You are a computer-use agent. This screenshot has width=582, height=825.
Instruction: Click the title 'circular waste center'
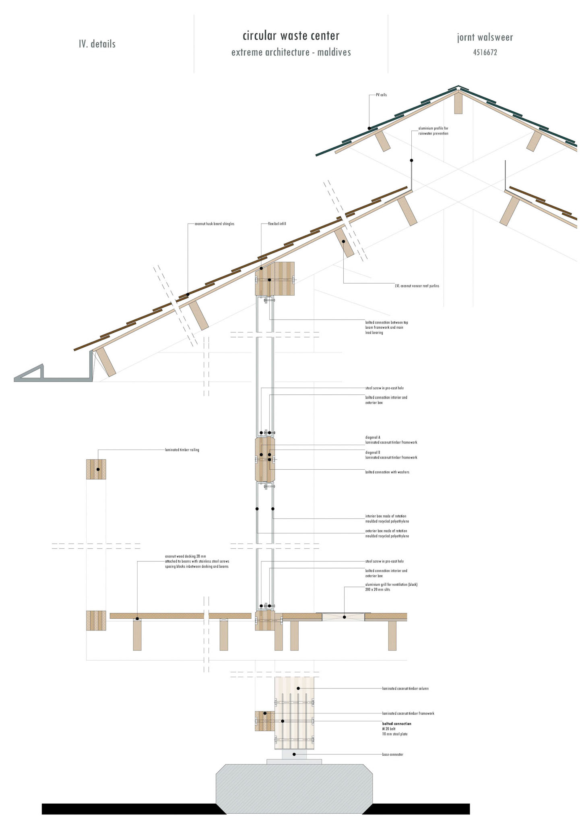pos(291,36)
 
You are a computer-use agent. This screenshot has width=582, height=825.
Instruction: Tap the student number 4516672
pos(485,52)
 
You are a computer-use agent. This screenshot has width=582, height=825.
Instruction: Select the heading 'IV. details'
pos(97,44)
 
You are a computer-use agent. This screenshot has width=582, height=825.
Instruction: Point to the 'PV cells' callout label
pos(381,95)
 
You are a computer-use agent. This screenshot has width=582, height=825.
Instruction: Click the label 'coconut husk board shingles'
pos(214,224)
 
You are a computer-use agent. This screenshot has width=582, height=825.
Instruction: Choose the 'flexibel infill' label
pos(277,224)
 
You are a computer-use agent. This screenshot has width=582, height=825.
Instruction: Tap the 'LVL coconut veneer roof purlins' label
pos(417,286)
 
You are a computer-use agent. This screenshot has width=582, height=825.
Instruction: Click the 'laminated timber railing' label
pos(182,450)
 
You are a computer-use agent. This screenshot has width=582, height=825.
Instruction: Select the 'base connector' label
pos(392,755)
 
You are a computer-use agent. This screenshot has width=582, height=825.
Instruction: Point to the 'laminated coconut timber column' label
pos(405,688)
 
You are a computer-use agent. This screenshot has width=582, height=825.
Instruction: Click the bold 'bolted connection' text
pos(396,724)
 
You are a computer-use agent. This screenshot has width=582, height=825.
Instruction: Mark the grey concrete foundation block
pos(294,788)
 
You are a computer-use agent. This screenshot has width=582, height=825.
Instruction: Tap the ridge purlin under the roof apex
pos(458,103)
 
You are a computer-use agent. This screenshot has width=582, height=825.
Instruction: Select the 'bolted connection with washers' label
pos(387,472)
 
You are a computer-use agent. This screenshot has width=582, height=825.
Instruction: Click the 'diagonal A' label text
pos(373,437)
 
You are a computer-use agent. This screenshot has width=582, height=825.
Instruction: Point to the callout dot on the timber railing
pos(98,469)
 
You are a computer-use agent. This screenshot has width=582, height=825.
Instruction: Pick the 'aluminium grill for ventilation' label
pos(391,585)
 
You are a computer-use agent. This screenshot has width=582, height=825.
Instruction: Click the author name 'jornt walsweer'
pos(485,37)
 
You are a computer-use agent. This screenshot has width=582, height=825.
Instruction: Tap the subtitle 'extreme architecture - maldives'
pos(291,52)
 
